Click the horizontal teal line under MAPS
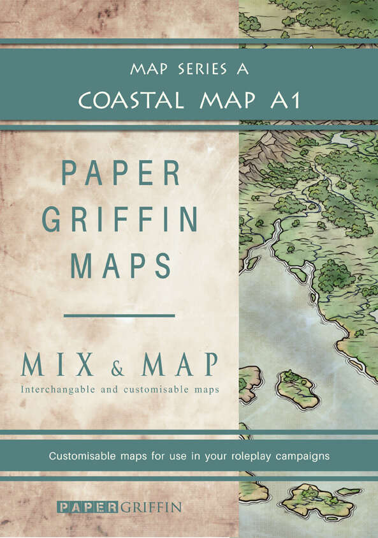120,315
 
